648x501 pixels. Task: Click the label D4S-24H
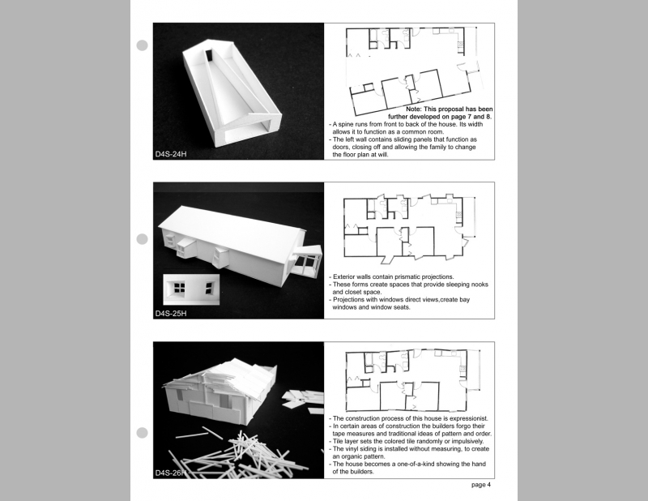[171, 154]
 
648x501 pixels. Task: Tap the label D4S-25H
[171, 314]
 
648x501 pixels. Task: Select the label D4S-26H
[171, 473]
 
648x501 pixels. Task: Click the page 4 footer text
[481, 485]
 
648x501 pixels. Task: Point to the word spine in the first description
[347, 125]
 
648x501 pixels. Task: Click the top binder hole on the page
[143, 45]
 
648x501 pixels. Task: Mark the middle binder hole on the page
[143, 239]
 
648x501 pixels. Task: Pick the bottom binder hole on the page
[143, 433]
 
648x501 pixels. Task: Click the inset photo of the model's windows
[191, 289]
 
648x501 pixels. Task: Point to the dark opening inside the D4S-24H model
[209, 56]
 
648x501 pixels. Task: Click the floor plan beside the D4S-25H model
[410, 229]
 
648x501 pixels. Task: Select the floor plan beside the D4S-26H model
[413, 379]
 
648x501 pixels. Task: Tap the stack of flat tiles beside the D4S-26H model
[303, 401]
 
